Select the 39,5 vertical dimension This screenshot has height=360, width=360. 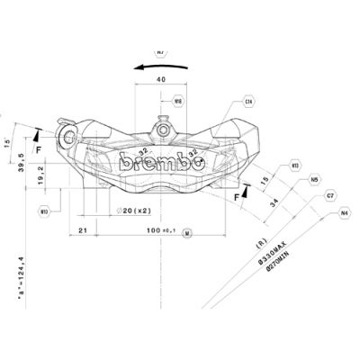21,165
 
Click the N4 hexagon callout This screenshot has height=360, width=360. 344,213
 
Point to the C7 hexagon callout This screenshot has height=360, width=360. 330,194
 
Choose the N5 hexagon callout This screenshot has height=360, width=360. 314,180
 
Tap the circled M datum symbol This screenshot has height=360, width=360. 186,233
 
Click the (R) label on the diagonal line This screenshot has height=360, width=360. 260,243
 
